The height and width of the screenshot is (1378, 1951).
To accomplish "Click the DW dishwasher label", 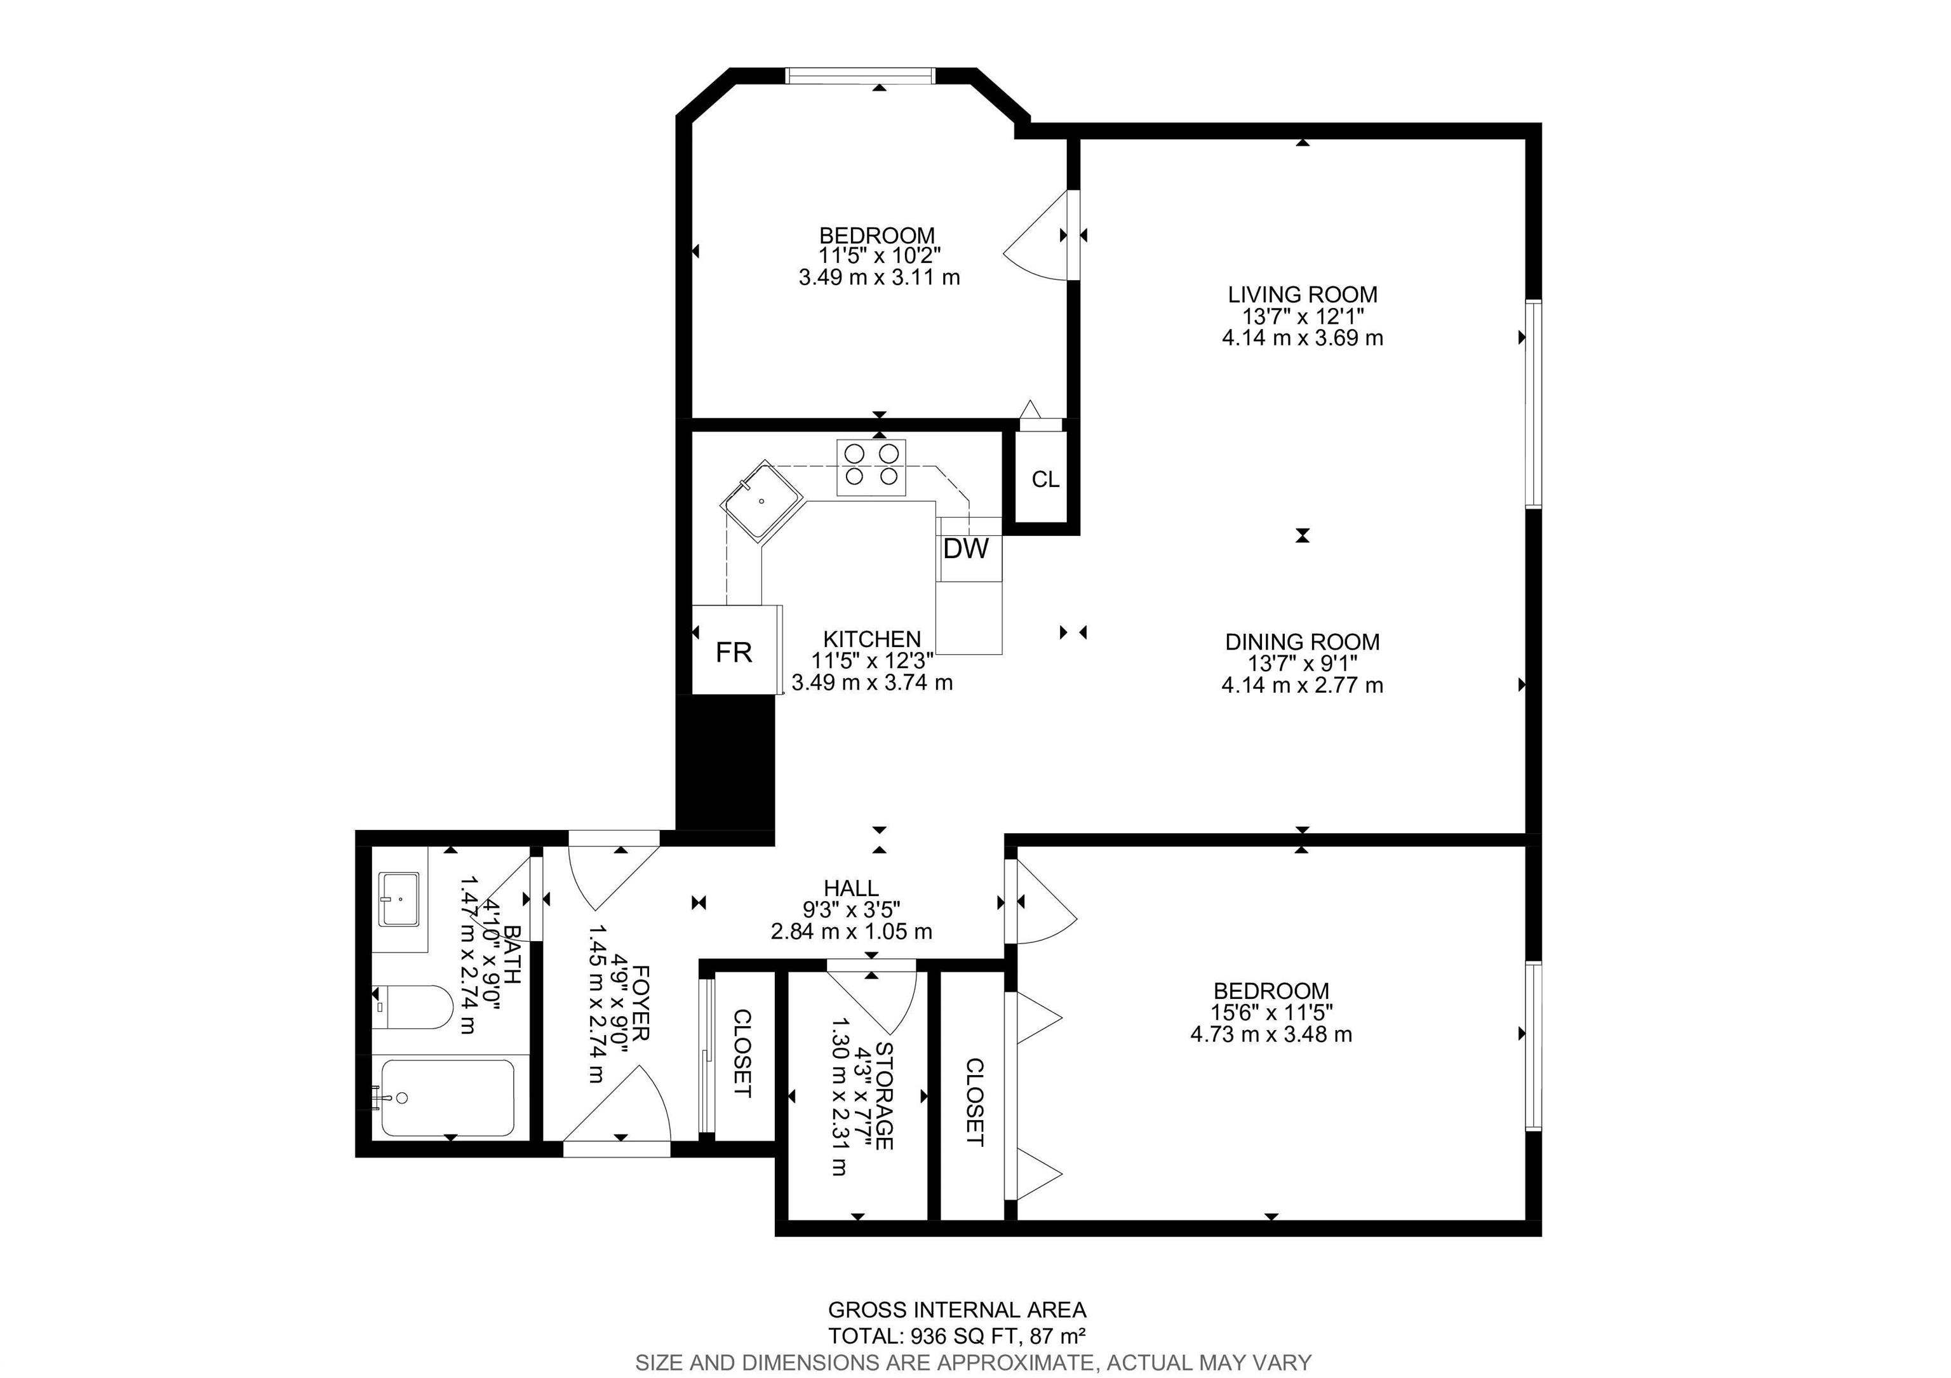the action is pos(965,549).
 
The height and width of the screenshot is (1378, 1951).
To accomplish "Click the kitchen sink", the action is pos(761,500).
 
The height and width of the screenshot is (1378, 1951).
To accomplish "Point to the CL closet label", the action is pos(1045,480).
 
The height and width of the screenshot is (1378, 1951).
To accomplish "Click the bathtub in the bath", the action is pos(448,1098).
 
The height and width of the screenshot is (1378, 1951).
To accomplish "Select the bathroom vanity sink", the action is pos(399,898).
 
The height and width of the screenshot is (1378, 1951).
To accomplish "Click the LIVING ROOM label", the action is pos(1303,295).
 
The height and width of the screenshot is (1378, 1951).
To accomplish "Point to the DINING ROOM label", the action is pos(1303,642).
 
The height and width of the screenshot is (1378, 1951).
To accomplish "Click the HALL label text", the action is pos(852,888).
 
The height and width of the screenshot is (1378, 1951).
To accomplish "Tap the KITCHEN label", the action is pos(872,639).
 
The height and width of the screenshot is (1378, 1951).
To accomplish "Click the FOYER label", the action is pos(641,1003).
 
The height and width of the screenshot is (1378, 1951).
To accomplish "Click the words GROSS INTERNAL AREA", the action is pos(957,1310).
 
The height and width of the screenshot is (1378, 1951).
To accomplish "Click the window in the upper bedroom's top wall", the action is pos(861,76).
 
